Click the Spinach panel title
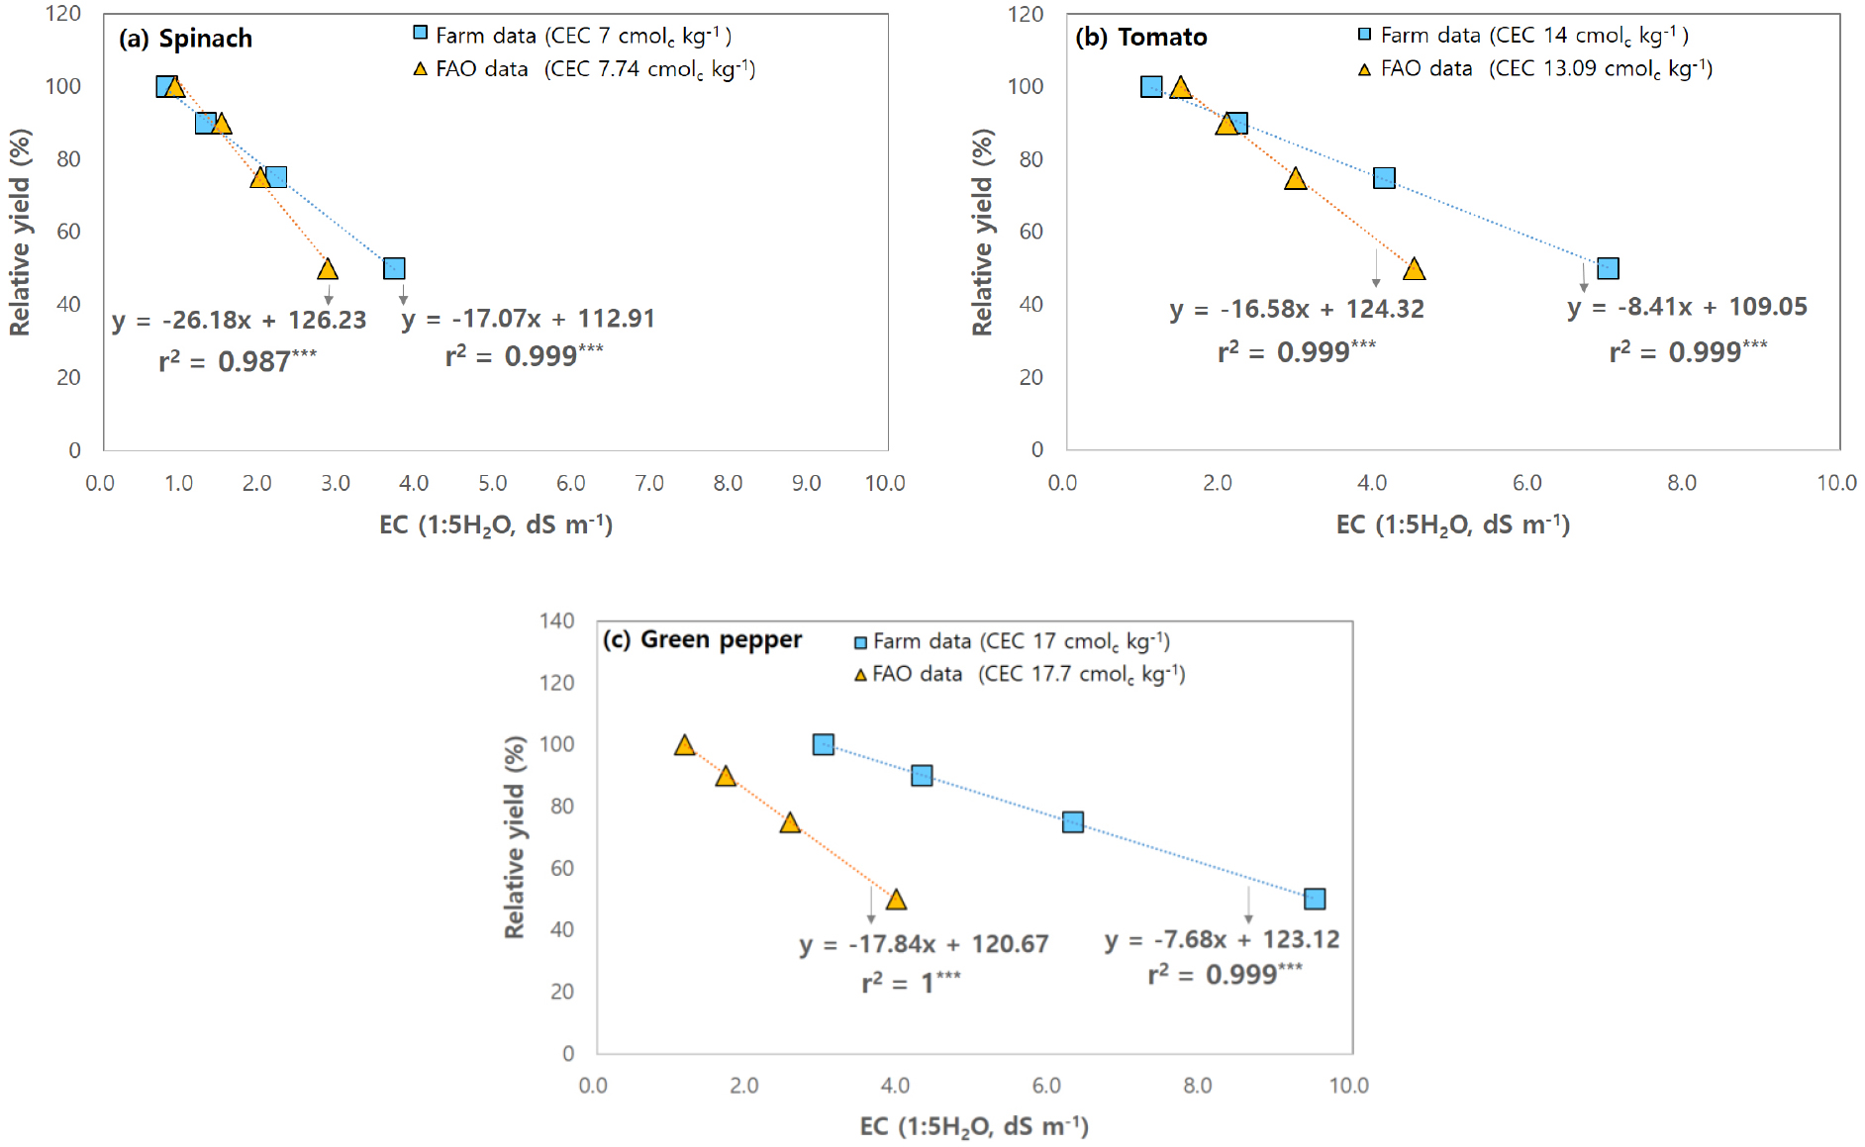tap(186, 39)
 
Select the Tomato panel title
tap(1141, 38)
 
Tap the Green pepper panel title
tap(703, 639)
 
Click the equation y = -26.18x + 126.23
tap(239, 321)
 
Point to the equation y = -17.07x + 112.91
tap(528, 319)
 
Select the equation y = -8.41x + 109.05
tap(1687, 307)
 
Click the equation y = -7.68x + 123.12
tap(1222, 939)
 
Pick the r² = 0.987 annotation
tap(238, 361)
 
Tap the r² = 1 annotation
tap(911, 983)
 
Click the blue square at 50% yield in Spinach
tap(394, 269)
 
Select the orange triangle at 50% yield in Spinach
tap(328, 269)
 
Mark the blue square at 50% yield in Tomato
tap(1608, 268)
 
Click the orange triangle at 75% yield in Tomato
tap(1295, 179)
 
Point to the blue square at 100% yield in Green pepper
tap(823, 744)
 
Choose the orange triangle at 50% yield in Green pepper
tap(896, 900)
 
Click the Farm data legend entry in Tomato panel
tap(1522, 36)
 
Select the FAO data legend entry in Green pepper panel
tap(1020, 674)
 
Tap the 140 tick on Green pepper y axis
tap(556, 621)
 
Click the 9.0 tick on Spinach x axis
tap(806, 483)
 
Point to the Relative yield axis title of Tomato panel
tap(982, 233)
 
